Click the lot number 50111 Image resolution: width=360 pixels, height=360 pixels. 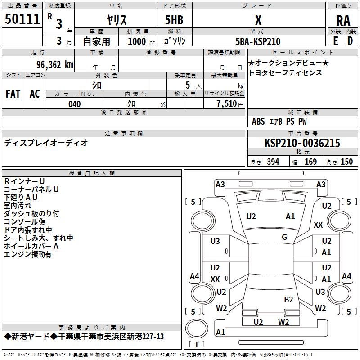[x=22, y=19]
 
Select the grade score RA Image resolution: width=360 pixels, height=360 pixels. [x=343, y=21]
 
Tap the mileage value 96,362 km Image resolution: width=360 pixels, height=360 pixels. [x=55, y=65]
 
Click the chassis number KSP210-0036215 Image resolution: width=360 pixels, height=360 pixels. [x=302, y=143]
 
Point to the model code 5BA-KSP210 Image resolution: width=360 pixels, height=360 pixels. [x=258, y=41]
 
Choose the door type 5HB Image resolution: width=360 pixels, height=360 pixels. [x=174, y=20]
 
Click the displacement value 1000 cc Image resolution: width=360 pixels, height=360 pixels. [x=141, y=41]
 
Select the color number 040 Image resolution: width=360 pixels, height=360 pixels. [x=75, y=104]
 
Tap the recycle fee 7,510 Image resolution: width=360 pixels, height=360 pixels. [x=227, y=103]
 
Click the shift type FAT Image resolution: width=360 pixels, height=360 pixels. [x=13, y=94]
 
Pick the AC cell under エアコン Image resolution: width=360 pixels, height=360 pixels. [x=35, y=94]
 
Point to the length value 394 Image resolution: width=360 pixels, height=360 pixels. [x=273, y=162]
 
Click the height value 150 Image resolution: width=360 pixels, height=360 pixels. [x=346, y=162]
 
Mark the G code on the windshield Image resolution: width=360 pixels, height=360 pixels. [x=284, y=237]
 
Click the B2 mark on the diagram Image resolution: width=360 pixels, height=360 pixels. [x=288, y=300]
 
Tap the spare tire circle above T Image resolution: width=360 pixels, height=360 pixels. [x=197, y=328]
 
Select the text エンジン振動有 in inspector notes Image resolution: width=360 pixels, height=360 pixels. [x=27, y=254]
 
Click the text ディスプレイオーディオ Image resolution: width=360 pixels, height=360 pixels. [x=46, y=143]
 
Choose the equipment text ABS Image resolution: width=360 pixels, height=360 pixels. [x=258, y=121]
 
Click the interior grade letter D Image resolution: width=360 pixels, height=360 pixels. [x=350, y=41]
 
